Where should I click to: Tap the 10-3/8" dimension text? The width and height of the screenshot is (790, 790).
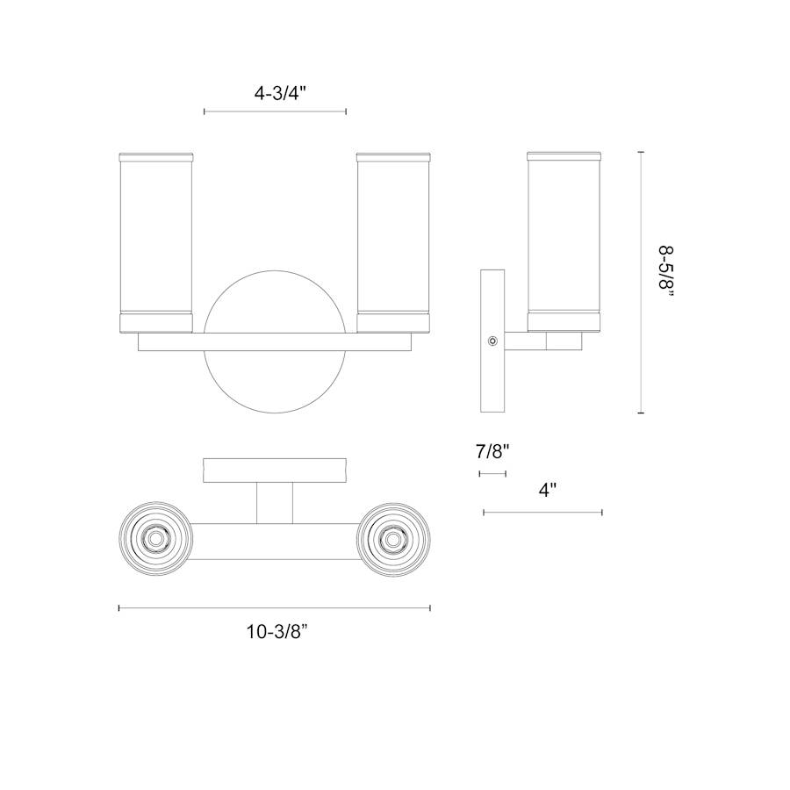pyautogui.click(x=276, y=631)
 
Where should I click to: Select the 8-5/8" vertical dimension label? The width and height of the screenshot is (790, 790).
pyautogui.click(x=666, y=275)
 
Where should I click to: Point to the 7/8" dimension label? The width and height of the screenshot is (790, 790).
pyautogui.click(x=493, y=451)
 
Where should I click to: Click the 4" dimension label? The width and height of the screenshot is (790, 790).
pyautogui.click(x=548, y=490)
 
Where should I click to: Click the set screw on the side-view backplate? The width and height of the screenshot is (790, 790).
pyautogui.click(x=492, y=341)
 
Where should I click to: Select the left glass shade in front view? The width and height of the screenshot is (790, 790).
pyautogui.click(x=155, y=242)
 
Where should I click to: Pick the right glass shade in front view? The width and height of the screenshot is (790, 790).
pyautogui.click(x=393, y=242)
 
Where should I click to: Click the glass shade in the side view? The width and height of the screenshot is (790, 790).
pyautogui.click(x=564, y=242)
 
